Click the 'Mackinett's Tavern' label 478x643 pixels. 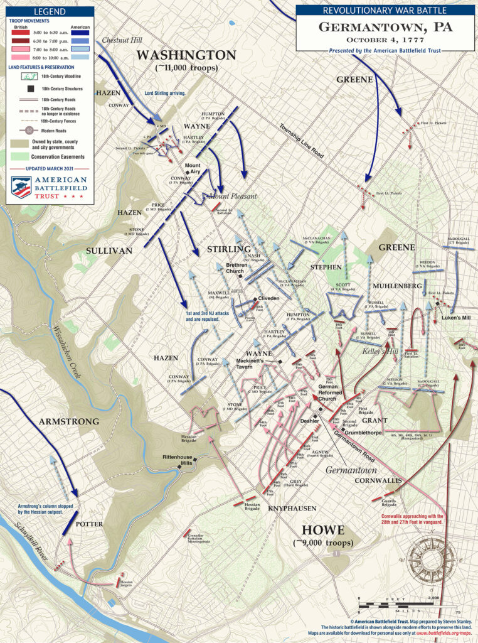(x=253, y=365)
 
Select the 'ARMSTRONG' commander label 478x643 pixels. (x=70, y=421)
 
